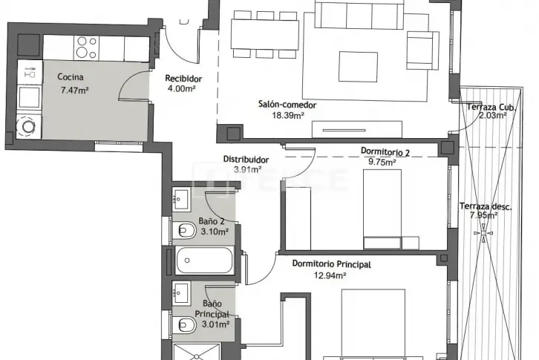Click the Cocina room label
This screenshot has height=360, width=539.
tap(70, 77)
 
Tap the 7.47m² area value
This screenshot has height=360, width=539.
tap(74, 91)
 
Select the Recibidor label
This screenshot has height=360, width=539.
tap(183, 79)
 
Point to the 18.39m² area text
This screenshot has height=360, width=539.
tap(288, 116)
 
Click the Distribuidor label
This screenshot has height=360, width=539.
tap(246, 160)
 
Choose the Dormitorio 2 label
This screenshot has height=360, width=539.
tap(385, 151)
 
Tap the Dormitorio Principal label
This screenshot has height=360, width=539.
tap(331, 264)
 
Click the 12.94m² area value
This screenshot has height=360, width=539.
tap(330, 275)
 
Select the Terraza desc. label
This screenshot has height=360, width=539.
tap(486, 206)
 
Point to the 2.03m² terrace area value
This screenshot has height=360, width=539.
tap(492, 116)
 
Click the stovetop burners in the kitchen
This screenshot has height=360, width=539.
tap(86, 48)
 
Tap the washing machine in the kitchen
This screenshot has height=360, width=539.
tap(29, 126)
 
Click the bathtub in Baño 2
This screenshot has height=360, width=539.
tap(204, 261)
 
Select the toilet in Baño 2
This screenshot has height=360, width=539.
tap(183, 230)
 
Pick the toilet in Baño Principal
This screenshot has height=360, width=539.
tap(183, 324)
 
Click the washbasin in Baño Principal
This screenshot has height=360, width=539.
tap(181, 293)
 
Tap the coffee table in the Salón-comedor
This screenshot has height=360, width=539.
tap(358, 67)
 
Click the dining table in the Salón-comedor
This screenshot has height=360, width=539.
tap(265, 34)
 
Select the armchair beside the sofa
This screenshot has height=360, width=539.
tap(422, 50)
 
